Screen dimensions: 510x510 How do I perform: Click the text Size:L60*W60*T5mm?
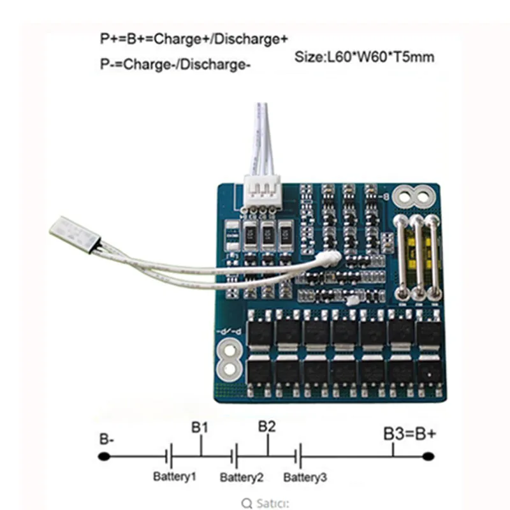[x=365, y=57]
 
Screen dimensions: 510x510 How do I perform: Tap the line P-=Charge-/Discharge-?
[x=173, y=65]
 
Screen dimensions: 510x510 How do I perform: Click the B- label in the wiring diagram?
[x=106, y=439]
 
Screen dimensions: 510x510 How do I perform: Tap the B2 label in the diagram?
[x=267, y=426]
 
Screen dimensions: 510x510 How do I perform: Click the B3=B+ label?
[x=410, y=434]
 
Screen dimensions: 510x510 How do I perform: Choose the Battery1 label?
[x=174, y=476]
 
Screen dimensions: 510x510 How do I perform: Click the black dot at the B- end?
[x=104, y=456]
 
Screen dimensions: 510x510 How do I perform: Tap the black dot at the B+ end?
[x=428, y=456]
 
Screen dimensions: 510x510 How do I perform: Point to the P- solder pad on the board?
[x=229, y=357]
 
